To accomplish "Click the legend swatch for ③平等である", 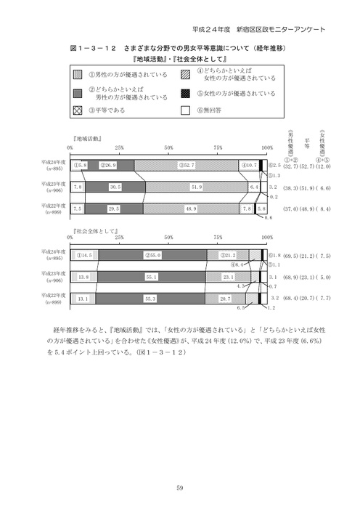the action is pos(76,110).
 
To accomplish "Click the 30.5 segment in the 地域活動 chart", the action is pos(115,187).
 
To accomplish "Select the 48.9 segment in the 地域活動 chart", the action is pos(191,209).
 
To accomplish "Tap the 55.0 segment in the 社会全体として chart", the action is pos(152,255).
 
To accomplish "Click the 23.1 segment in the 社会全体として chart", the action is pos(228,277).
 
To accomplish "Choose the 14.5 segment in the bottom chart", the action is pos(84,255).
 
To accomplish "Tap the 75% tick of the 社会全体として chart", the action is pos(218,237).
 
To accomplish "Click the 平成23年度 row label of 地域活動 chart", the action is pos(53,187).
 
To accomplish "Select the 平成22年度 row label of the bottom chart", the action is pos(53,298).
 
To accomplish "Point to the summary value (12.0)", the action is pos(322,166).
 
